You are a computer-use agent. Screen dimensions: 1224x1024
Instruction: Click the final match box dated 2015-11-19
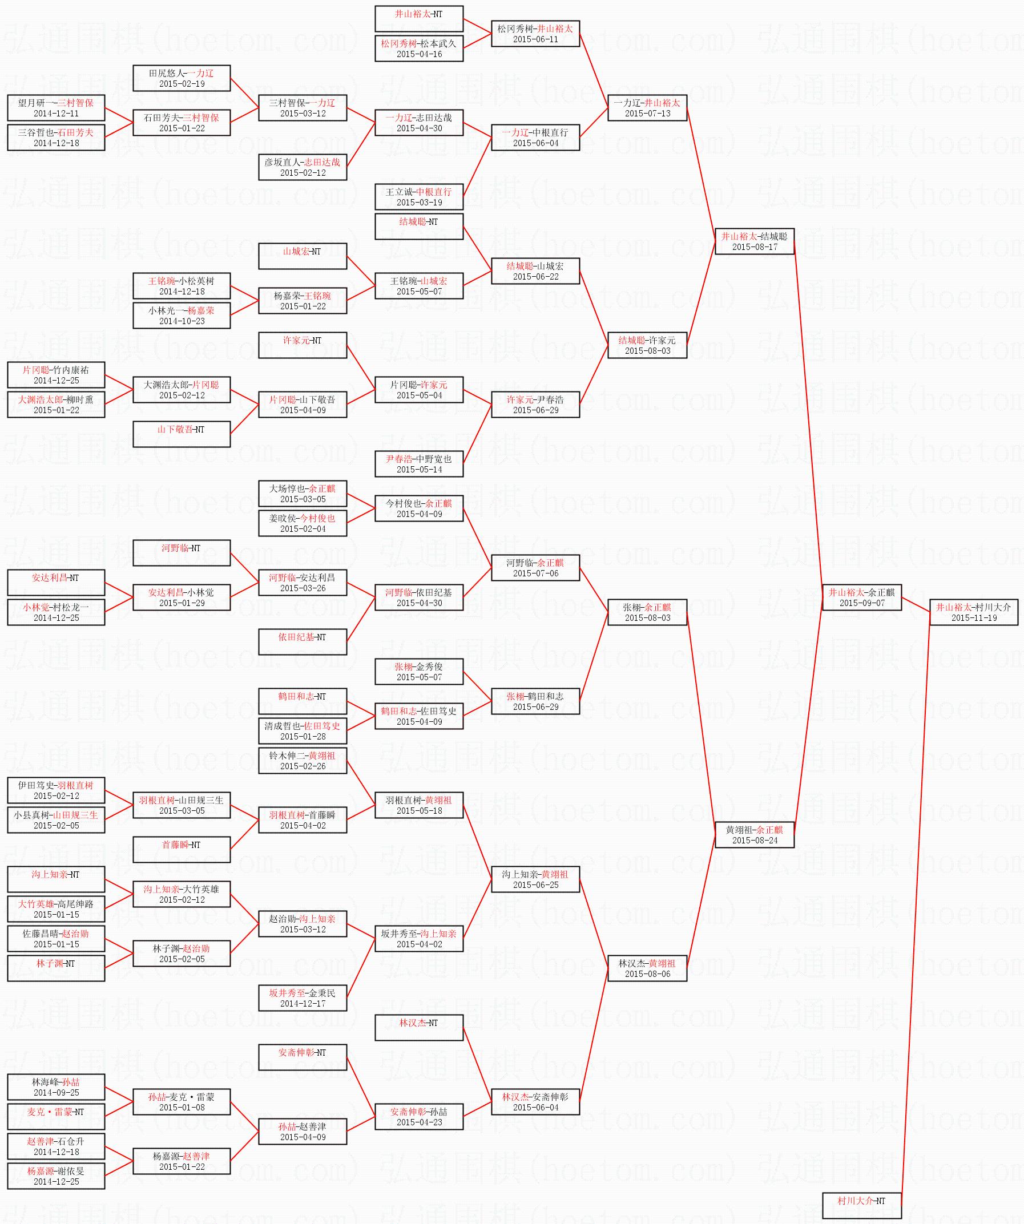(x=973, y=612)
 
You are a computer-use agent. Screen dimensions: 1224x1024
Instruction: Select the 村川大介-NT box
(x=861, y=1201)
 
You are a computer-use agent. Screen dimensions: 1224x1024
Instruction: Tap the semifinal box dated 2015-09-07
(x=861, y=597)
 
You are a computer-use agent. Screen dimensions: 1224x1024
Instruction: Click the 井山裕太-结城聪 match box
(x=754, y=241)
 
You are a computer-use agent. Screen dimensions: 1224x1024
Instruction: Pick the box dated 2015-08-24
(x=754, y=835)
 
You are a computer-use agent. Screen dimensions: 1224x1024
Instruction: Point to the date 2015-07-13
(x=647, y=114)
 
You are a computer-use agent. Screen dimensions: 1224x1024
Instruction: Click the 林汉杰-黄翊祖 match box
(x=647, y=968)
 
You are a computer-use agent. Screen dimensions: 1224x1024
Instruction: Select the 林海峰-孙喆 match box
(x=56, y=1087)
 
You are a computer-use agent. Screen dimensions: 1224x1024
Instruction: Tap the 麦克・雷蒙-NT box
(x=56, y=1116)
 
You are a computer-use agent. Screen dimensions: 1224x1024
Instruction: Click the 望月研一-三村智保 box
(x=56, y=108)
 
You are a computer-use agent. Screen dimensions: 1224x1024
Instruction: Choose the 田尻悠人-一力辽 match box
(x=182, y=78)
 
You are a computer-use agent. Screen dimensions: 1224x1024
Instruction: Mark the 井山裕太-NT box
(x=419, y=19)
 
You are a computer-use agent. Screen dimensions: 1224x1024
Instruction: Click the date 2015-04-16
(x=419, y=54)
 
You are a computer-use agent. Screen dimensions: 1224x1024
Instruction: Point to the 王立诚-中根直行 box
(x=419, y=197)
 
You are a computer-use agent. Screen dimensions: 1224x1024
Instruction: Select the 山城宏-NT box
(x=302, y=256)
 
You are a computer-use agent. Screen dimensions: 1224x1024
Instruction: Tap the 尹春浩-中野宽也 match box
(x=419, y=464)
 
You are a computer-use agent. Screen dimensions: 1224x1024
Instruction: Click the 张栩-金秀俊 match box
(x=419, y=672)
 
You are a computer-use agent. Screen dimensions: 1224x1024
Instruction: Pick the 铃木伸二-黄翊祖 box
(x=302, y=761)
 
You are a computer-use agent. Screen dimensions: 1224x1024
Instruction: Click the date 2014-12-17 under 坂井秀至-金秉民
(x=302, y=1004)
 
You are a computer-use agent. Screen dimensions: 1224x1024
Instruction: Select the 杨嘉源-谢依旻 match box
(x=56, y=1175)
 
